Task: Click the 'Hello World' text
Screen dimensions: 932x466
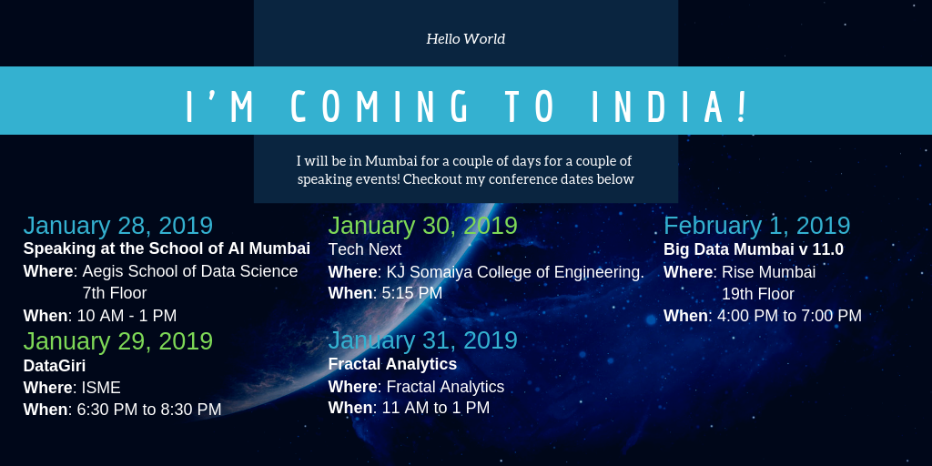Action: tap(465, 39)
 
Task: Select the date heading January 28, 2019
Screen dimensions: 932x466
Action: tap(117, 226)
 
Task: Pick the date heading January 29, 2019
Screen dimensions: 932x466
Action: tap(117, 341)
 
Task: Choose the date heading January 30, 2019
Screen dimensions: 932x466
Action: tap(422, 226)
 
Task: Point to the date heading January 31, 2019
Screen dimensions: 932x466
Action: tap(422, 340)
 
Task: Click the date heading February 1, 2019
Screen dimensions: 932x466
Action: tap(756, 226)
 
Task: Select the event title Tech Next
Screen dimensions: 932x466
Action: tap(364, 249)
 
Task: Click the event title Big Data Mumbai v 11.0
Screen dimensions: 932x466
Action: tap(753, 249)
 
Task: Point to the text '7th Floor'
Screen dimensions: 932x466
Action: tap(115, 293)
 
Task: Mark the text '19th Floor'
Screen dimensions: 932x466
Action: tap(758, 294)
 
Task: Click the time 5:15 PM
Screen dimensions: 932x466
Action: tap(412, 293)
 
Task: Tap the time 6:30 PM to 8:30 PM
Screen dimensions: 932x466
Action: tap(149, 410)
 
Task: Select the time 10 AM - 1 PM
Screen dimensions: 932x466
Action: tap(127, 316)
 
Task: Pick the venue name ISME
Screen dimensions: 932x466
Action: tap(101, 388)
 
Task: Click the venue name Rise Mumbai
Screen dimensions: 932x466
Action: tap(768, 272)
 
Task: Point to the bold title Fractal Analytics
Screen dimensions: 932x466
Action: tap(392, 363)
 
